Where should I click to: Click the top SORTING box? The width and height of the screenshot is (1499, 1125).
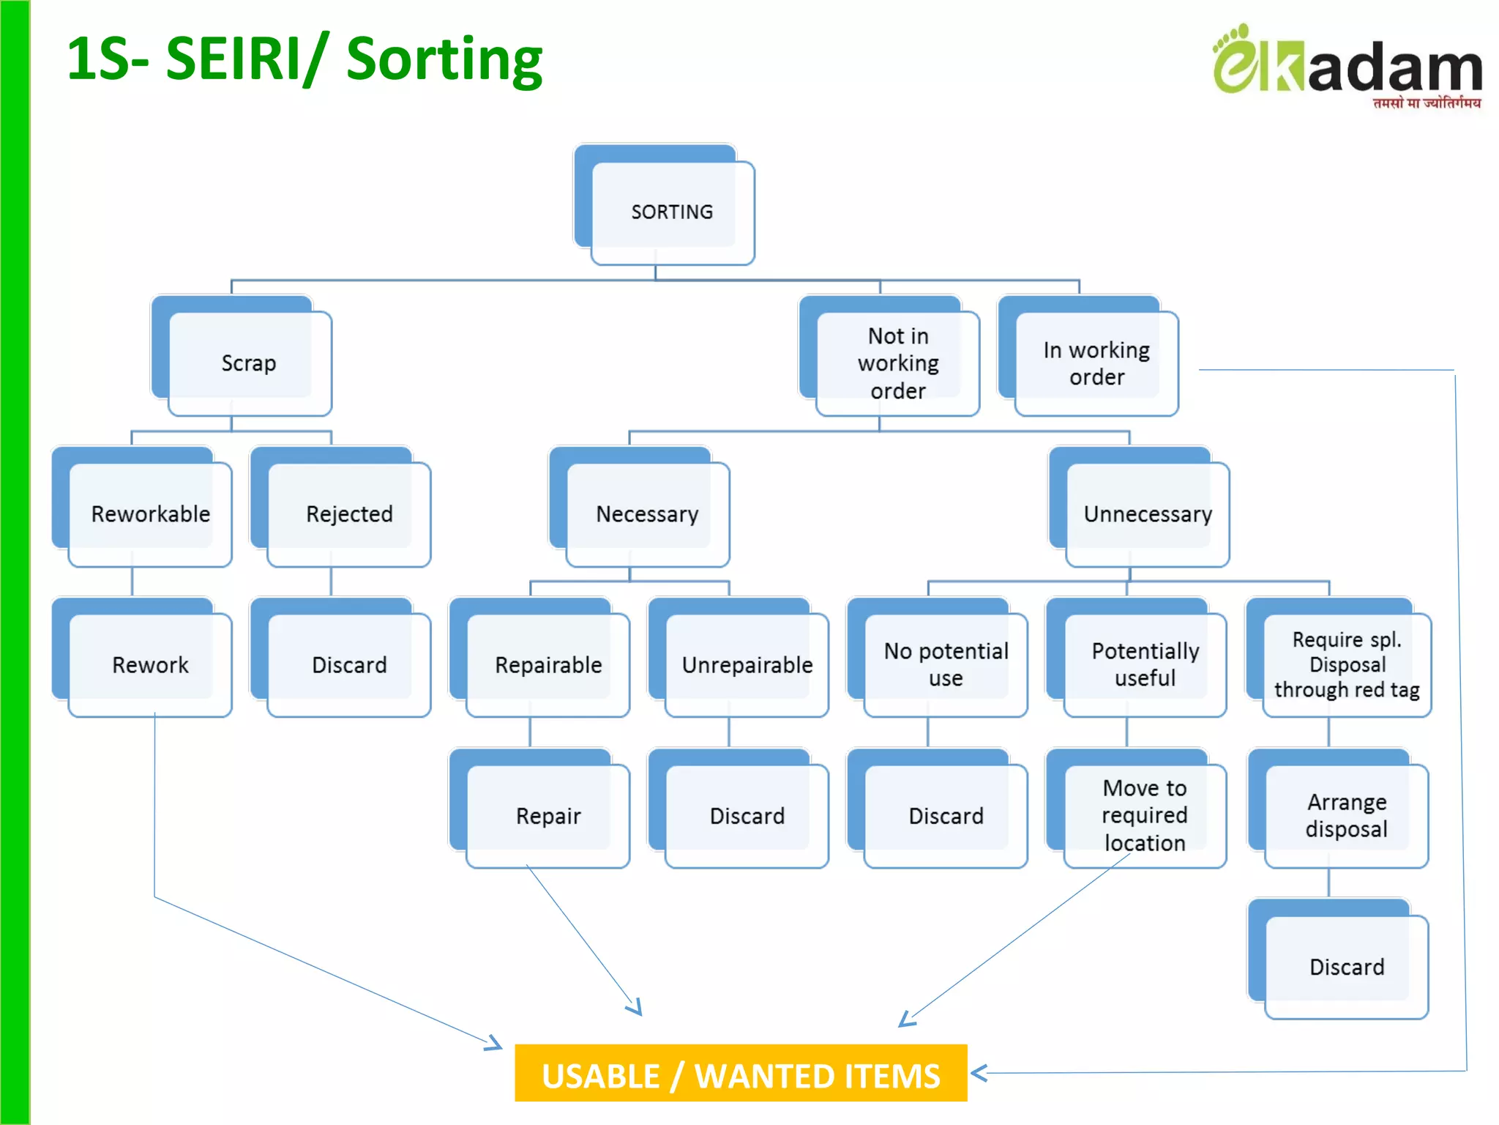(x=671, y=211)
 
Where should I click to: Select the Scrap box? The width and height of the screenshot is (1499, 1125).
(x=249, y=363)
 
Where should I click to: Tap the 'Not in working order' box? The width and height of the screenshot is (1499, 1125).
(x=897, y=363)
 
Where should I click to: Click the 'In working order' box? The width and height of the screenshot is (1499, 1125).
(x=1096, y=363)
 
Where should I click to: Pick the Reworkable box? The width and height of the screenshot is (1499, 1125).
(x=150, y=513)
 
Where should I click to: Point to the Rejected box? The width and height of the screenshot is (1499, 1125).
(x=349, y=513)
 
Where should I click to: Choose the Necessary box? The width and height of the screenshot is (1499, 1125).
(x=647, y=513)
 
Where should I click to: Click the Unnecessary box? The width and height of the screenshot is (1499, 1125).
(x=1147, y=513)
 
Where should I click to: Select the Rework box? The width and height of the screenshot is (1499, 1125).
(x=150, y=664)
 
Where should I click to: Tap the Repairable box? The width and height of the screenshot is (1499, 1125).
(x=548, y=664)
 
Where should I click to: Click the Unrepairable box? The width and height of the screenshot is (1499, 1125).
(x=747, y=664)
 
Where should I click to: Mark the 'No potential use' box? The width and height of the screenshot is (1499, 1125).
(x=946, y=664)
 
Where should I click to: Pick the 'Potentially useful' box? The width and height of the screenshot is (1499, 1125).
(x=1145, y=664)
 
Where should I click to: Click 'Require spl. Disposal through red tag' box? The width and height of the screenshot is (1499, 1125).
(x=1346, y=664)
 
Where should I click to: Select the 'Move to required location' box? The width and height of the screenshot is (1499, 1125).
(x=1145, y=815)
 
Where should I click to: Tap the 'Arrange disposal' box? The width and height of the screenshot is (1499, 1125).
(x=1346, y=815)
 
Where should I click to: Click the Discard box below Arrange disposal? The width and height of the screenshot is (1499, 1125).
(x=1346, y=966)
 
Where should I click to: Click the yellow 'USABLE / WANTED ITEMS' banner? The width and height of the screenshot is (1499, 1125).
(x=741, y=1074)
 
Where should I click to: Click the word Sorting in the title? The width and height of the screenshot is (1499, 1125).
(x=444, y=60)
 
